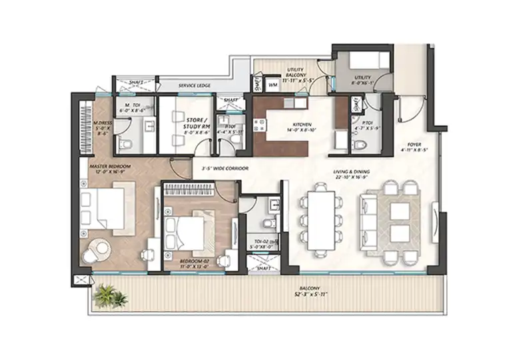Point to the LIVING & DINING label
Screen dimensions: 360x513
[352, 172]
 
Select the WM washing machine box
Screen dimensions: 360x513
[273, 85]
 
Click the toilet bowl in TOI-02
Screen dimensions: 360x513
[268, 223]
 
